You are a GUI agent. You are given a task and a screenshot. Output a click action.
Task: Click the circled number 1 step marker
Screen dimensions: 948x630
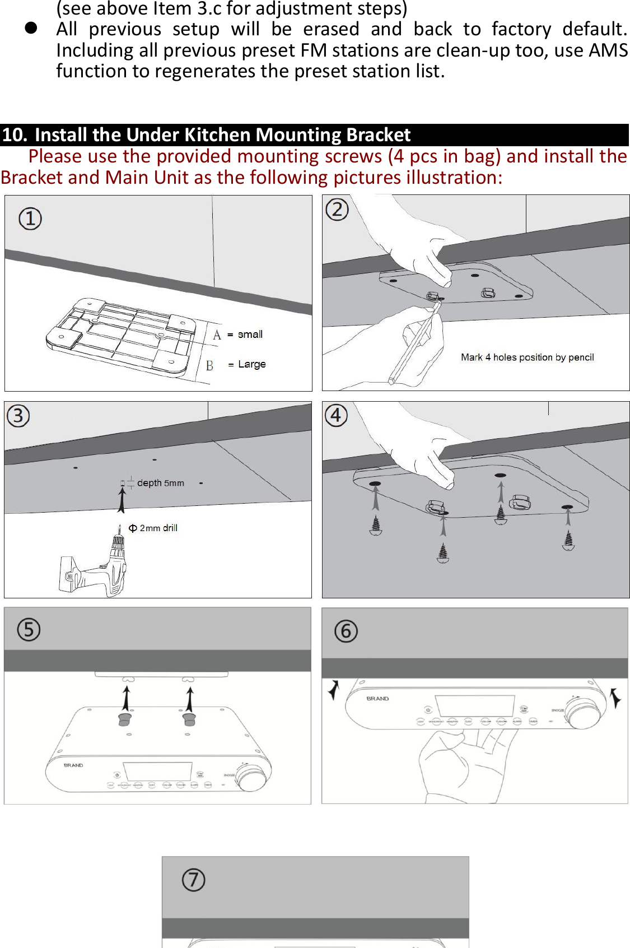click(30, 219)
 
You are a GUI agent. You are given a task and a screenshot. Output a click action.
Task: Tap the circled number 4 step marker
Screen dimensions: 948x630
click(336, 416)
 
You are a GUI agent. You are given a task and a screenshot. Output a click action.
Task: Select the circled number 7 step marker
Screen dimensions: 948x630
click(194, 880)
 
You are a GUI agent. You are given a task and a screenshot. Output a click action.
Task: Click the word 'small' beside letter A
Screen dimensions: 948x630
click(250, 334)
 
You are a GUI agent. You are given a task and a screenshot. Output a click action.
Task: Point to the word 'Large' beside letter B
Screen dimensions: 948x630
click(251, 364)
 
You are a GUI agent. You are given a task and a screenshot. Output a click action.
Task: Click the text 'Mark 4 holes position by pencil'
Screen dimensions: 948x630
click(527, 357)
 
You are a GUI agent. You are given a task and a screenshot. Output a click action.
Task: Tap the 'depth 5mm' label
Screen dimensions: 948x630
click(160, 483)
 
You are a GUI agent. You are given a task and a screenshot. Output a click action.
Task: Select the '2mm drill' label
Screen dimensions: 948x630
click(157, 528)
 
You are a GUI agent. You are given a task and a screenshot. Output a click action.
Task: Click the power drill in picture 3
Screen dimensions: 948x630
click(98, 571)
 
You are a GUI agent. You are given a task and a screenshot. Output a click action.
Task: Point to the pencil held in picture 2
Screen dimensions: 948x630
click(414, 342)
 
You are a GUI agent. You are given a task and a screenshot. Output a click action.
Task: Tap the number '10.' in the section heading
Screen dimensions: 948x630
click(15, 135)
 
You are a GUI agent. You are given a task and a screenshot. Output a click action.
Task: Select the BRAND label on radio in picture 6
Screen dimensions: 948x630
click(377, 699)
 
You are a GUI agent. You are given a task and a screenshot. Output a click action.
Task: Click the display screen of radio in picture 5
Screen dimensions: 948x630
click(158, 771)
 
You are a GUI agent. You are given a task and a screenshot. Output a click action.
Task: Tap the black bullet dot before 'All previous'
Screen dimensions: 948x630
click(31, 29)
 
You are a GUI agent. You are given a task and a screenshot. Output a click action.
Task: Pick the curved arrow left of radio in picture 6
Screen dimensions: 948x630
click(334, 690)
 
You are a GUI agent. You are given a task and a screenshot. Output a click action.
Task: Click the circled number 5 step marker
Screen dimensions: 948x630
click(29, 630)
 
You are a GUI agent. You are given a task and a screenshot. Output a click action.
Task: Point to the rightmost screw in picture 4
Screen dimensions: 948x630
click(568, 540)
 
